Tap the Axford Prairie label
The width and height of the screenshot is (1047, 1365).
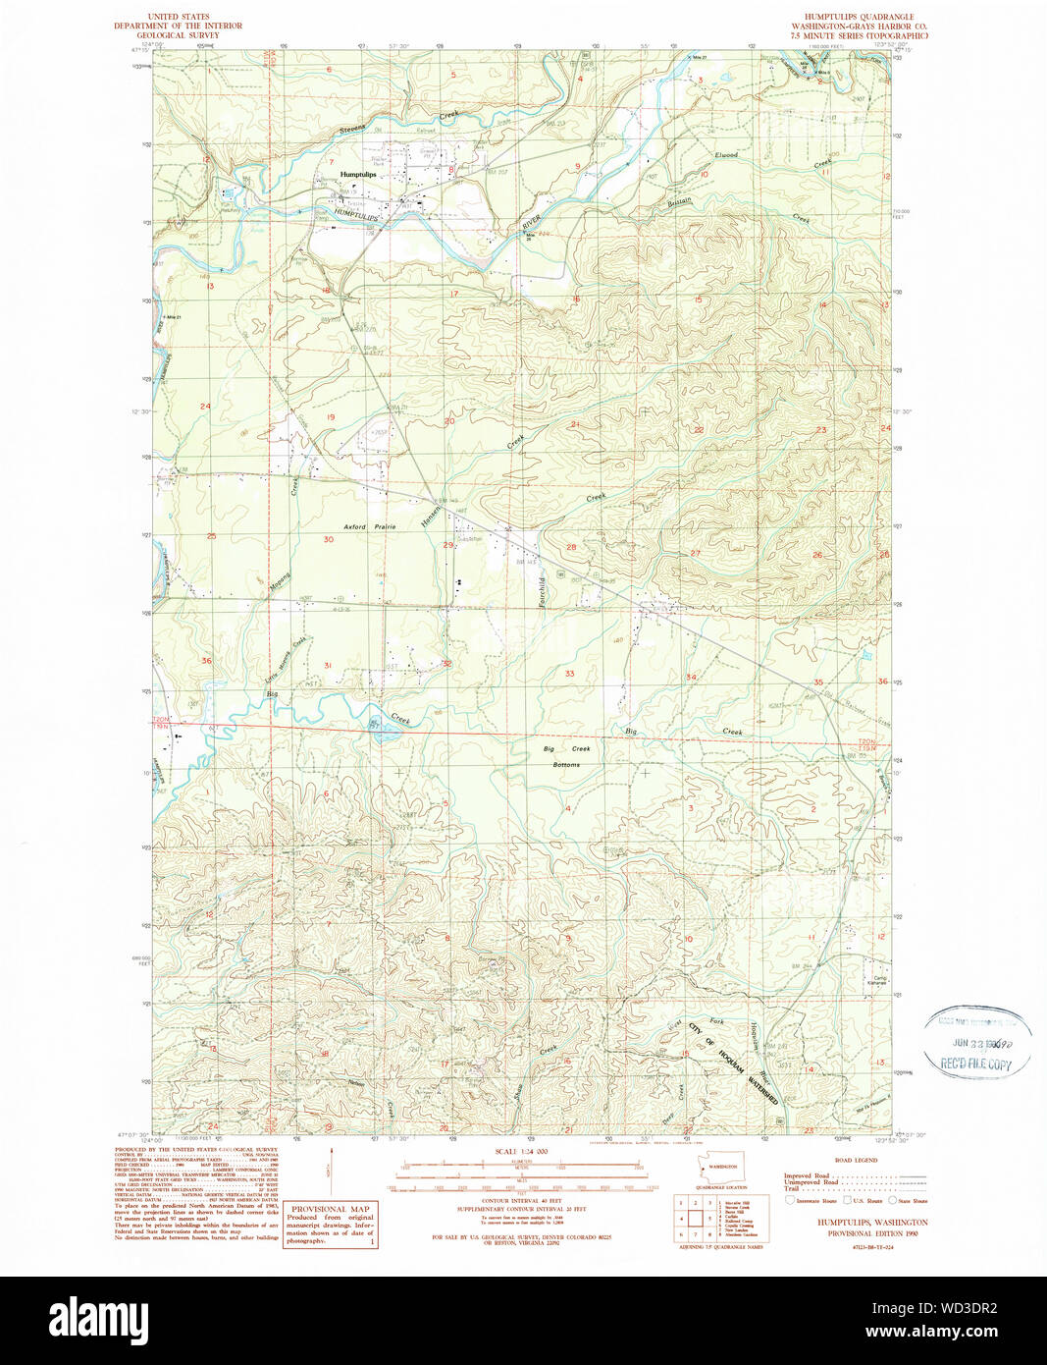370,527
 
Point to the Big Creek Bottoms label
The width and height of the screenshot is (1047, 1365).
566,756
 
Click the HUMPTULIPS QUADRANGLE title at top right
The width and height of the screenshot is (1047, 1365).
857,18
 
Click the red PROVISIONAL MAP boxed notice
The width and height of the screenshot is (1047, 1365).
330,1225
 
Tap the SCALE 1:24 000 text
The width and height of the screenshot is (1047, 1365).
520,1151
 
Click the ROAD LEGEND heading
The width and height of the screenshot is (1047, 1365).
856,1160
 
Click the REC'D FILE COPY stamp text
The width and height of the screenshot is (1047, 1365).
976,1065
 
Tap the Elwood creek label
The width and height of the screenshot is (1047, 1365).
726,155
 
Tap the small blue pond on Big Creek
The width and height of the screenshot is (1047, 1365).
377,725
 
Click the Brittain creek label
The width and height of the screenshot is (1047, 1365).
679,201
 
